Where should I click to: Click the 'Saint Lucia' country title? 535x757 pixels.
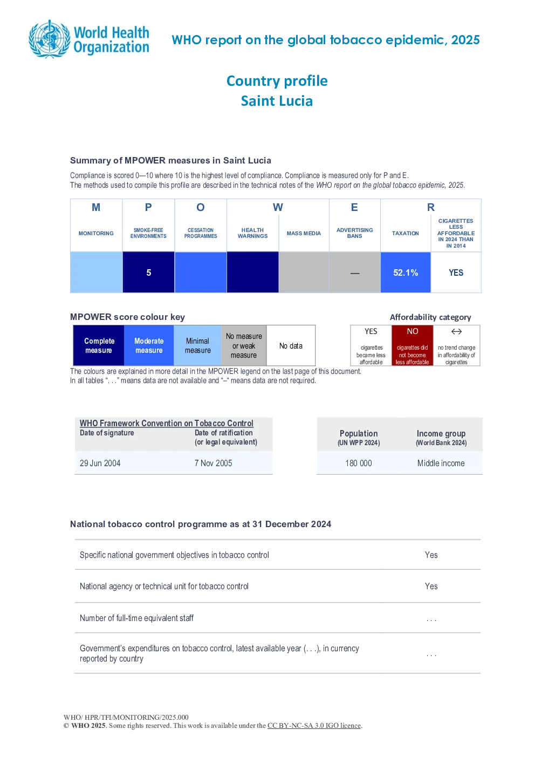(277, 101)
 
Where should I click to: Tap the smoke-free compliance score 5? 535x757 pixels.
(149, 272)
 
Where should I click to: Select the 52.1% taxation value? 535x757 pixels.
(406, 272)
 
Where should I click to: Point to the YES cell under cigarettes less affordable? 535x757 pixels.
(456, 272)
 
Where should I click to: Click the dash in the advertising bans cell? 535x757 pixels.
(355, 273)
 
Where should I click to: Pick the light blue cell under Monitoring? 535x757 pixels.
(96, 272)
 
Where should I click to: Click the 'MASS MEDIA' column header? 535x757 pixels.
(304, 233)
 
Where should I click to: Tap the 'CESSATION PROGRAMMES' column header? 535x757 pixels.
(201, 233)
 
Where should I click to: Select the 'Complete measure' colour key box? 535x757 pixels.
(99, 345)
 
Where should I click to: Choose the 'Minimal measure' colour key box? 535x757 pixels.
(197, 345)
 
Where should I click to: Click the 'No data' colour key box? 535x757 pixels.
(291, 345)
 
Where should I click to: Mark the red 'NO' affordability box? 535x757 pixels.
(412, 345)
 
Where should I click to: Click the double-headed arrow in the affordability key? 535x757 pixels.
(456, 331)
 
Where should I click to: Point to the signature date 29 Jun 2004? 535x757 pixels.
(100, 463)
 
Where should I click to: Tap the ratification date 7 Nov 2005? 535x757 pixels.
(213, 463)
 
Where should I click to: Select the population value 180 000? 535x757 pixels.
(358, 463)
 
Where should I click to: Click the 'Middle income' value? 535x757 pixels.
(441, 463)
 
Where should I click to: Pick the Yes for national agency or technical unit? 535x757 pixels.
(431, 586)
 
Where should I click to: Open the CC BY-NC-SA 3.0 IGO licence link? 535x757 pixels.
(314, 725)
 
